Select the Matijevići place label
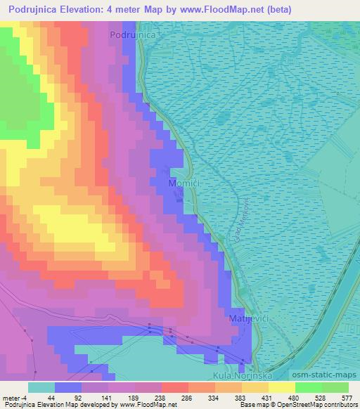tap(245, 318)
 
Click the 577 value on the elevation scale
tap(347, 397)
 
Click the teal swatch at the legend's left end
tap(41, 387)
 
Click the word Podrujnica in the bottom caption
tap(20, 405)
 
